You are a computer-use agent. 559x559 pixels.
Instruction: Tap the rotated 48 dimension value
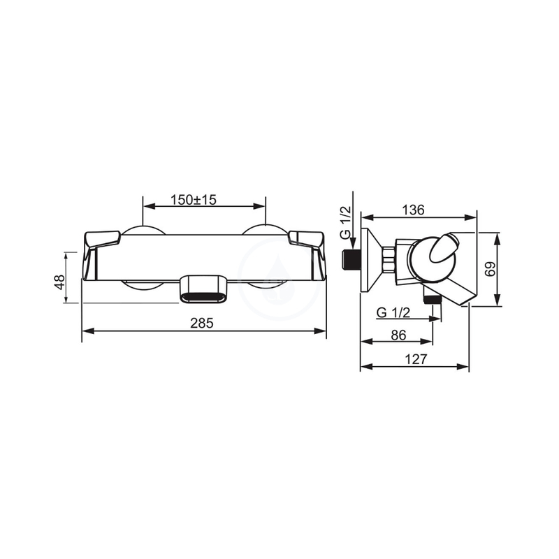pos(60,282)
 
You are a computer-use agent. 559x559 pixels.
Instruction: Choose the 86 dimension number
pos(398,335)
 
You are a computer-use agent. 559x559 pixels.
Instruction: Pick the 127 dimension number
pos(415,360)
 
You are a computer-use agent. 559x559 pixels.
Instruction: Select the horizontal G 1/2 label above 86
pos(393,312)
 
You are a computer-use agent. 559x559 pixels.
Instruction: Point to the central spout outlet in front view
pos(203,289)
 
